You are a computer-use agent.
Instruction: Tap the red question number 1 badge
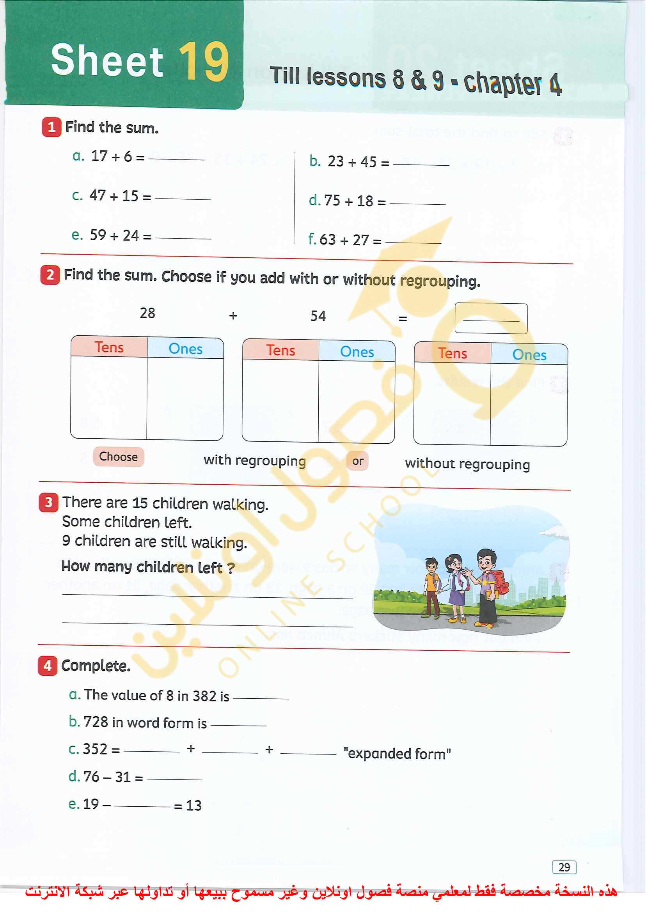(51, 127)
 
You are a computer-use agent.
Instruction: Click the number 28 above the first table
(147, 313)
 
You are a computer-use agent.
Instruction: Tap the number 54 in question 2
(318, 316)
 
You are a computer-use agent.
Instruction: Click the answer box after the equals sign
(491, 319)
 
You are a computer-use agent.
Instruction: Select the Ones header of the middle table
(357, 352)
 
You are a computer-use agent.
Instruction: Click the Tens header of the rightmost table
(452, 353)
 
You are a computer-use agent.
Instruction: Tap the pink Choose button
(119, 457)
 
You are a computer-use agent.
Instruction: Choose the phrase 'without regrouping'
(467, 464)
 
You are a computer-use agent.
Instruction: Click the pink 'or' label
(358, 461)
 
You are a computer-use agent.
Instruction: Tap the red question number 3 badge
(48, 503)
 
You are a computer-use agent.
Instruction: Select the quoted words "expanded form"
(397, 754)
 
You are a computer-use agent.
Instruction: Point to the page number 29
(564, 867)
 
